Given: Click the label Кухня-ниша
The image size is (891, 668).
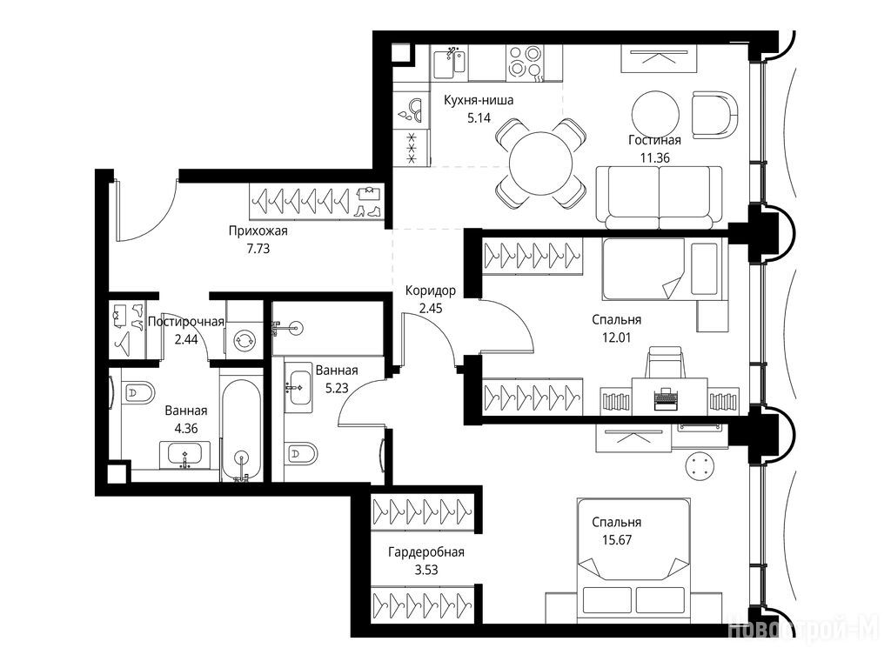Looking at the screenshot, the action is click(479, 101).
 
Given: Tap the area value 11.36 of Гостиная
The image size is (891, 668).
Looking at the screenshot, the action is click(654, 158).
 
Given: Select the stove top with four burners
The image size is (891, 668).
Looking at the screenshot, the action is click(525, 62).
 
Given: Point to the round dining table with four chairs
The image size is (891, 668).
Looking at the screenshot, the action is click(541, 164).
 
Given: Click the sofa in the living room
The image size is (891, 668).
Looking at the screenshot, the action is click(659, 197).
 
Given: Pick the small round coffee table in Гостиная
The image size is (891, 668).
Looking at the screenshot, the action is click(655, 112).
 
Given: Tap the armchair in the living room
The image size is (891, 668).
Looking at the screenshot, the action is click(715, 116).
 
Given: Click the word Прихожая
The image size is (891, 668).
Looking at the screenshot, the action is click(258, 231).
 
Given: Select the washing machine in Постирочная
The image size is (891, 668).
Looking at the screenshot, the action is click(245, 340).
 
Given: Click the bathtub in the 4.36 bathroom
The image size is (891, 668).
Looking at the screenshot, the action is click(242, 428).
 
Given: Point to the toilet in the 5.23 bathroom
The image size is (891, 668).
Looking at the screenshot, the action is click(300, 453).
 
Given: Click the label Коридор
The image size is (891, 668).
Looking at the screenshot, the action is click(430, 291).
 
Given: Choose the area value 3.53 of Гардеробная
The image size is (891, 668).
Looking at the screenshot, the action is click(426, 570).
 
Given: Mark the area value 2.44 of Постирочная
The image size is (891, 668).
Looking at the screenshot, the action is click(186, 340).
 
